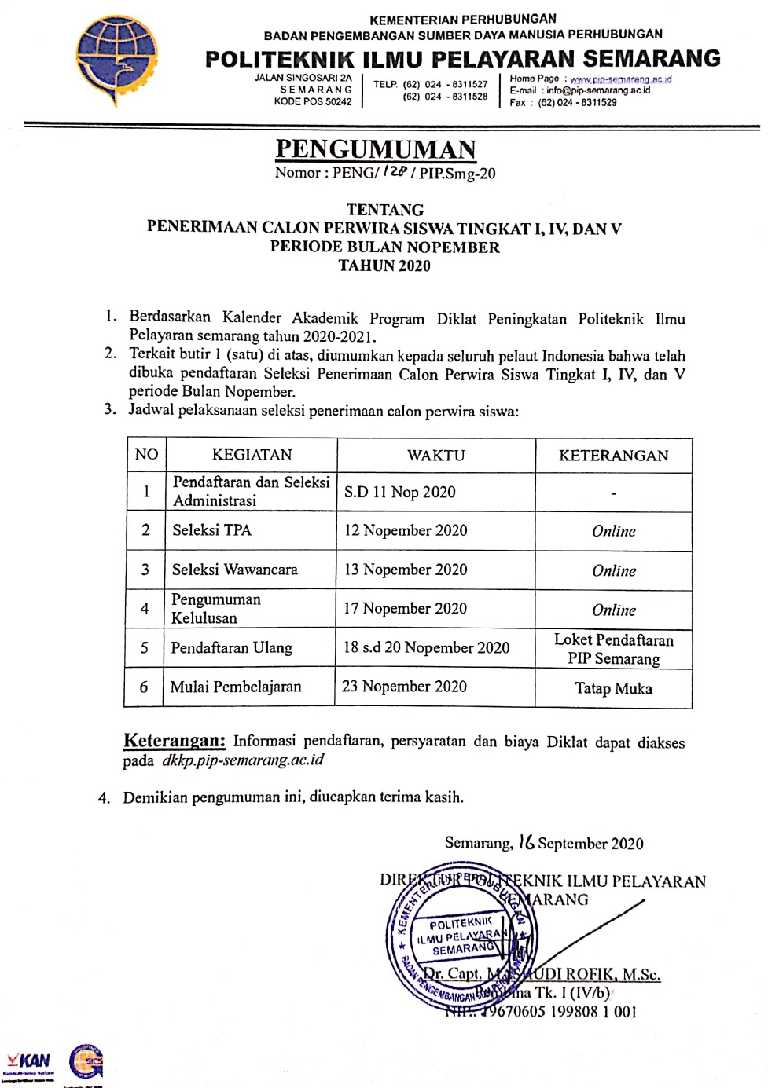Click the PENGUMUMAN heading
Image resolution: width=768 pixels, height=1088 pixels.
pos(376,149)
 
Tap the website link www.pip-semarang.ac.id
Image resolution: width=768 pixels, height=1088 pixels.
pos(620,79)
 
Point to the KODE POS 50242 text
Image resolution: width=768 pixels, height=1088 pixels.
pos(313,101)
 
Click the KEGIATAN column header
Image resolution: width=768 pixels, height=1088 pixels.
pos(252,455)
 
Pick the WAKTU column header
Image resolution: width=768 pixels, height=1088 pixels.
pos(435,456)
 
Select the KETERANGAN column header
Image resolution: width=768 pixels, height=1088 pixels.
pos(613,456)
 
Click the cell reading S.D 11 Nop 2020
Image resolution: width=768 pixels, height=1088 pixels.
pos(399,493)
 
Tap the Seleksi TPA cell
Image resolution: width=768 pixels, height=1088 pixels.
pos(212,530)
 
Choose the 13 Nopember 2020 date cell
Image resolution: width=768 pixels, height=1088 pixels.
pos(406,570)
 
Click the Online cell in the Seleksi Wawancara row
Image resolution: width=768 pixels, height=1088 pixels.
pos(613,571)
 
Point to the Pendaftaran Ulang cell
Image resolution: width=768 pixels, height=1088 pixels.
pos(231,648)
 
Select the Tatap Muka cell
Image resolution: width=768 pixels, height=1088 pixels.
pos(613,689)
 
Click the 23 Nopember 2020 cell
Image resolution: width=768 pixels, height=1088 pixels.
pos(404,687)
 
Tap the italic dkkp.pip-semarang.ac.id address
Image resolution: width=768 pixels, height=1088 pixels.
pos(242,760)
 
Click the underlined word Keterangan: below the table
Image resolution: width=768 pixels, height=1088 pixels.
pos(175,741)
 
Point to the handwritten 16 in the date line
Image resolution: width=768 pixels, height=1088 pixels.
pos(526,842)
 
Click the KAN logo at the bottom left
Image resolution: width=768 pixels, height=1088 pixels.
pos(29,1062)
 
